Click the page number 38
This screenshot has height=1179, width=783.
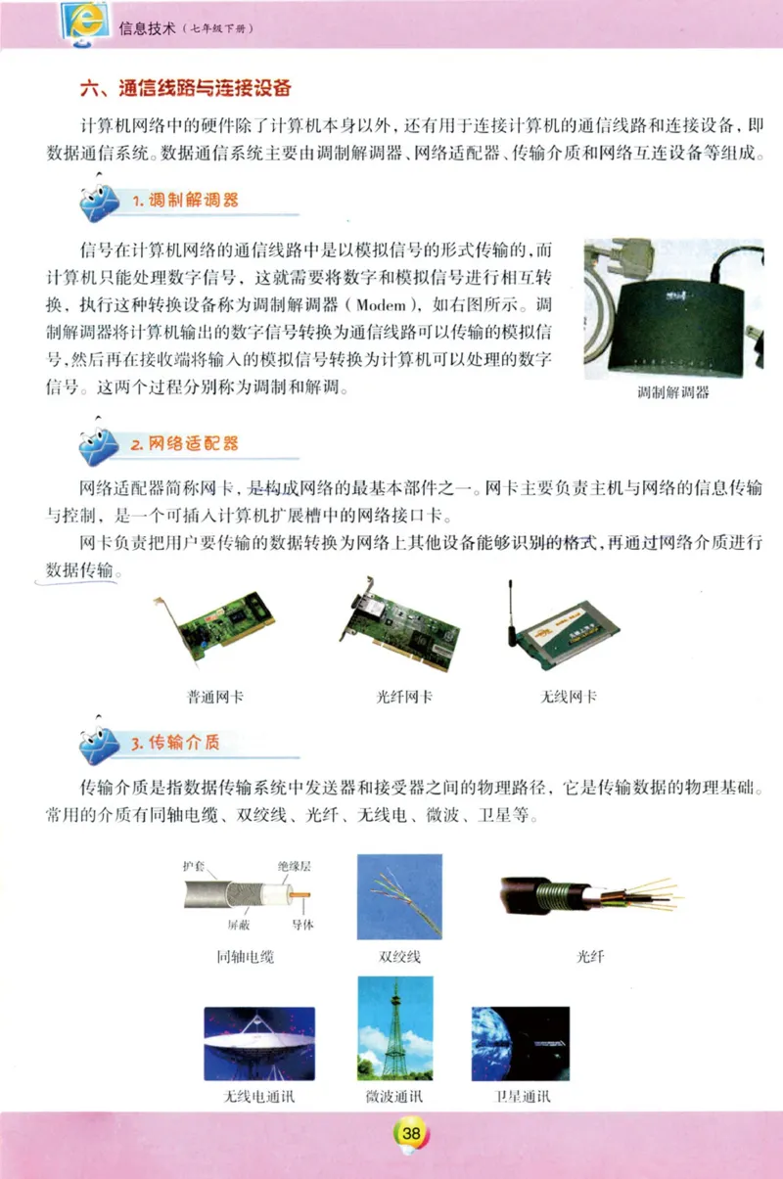point(411,1133)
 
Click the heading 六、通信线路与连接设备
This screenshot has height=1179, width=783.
point(185,88)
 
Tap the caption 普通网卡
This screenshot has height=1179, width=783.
point(215,698)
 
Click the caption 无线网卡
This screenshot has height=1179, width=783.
point(568,698)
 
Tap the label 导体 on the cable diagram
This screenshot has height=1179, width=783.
point(302,925)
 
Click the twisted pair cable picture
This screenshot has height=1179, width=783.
point(399,895)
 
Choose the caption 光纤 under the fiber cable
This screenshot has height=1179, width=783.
point(590,956)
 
